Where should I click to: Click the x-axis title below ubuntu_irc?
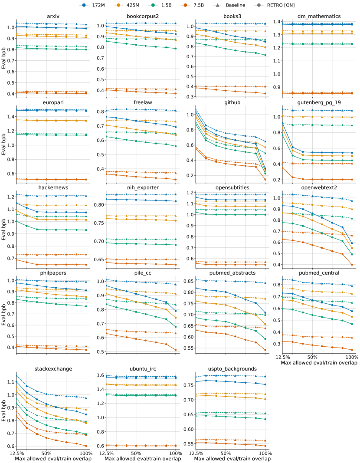pos(143,459)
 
